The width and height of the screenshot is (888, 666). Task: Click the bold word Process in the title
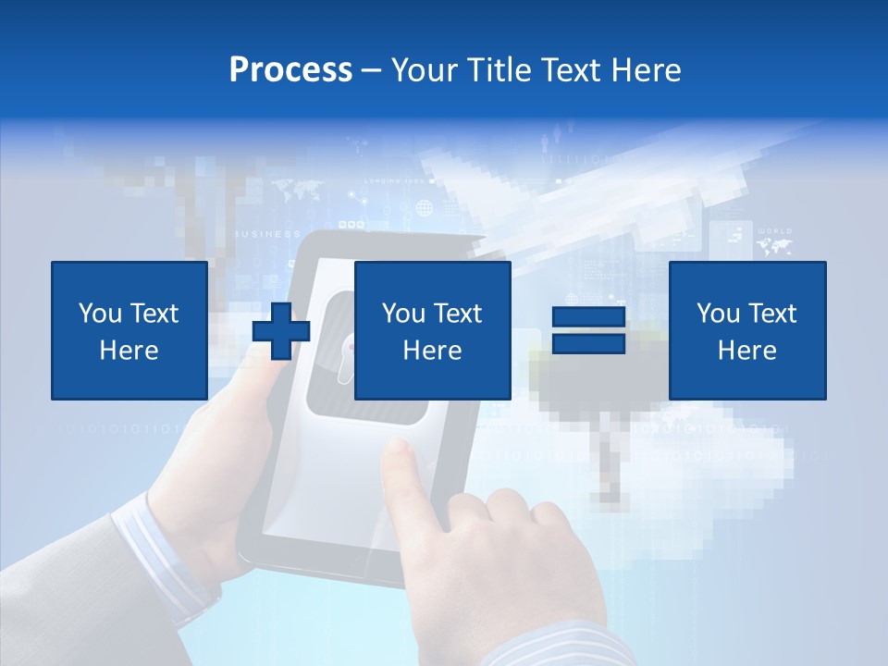point(290,69)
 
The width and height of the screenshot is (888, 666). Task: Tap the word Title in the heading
point(499,69)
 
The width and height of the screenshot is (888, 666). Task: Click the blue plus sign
point(281,331)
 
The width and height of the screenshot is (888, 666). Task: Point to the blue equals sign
point(588,330)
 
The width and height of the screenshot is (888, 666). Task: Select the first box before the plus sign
point(129,330)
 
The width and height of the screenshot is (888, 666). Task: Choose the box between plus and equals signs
point(432,330)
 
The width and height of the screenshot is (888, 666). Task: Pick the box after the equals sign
point(746,330)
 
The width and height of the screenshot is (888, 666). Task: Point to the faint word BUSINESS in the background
point(269,234)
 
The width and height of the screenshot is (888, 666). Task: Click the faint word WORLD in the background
point(774,230)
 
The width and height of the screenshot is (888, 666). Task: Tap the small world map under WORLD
point(774,246)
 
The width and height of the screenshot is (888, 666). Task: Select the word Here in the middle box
point(432,351)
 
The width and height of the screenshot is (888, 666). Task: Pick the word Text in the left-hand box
point(154,314)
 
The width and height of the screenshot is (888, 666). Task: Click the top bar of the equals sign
point(588,317)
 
